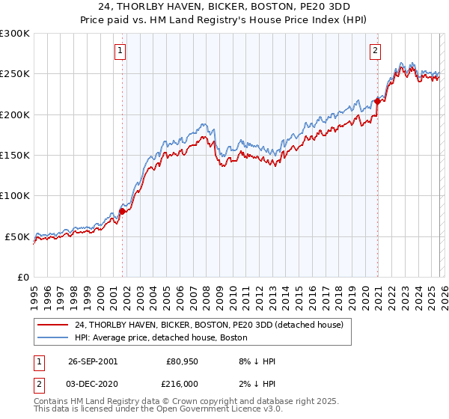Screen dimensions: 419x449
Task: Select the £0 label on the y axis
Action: point(24,277)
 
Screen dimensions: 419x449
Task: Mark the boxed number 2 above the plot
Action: point(375,51)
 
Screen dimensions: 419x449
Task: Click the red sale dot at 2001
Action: point(122,212)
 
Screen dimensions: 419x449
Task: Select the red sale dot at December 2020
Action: point(377,102)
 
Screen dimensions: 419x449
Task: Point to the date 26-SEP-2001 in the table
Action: point(92,361)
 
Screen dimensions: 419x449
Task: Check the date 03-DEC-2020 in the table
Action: point(92,382)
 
